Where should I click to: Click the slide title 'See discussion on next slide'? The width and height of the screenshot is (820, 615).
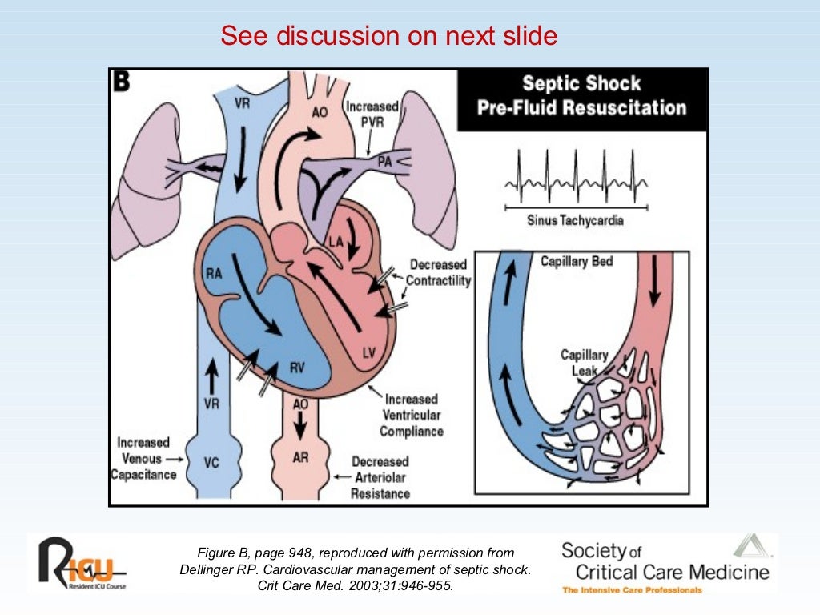point(388,37)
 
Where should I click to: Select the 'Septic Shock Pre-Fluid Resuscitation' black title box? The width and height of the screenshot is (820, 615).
point(581,96)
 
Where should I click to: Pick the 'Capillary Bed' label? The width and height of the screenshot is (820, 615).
point(577,262)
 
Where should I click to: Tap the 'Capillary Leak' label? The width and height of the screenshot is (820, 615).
point(584,363)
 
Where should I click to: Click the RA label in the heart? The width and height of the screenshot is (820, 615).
point(214,274)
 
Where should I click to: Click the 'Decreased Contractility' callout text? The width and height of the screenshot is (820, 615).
point(438,272)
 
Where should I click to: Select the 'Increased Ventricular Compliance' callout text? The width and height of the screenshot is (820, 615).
point(411,415)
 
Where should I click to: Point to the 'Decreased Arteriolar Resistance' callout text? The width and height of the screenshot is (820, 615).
point(380,477)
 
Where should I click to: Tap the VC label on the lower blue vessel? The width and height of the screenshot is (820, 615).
point(211,462)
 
